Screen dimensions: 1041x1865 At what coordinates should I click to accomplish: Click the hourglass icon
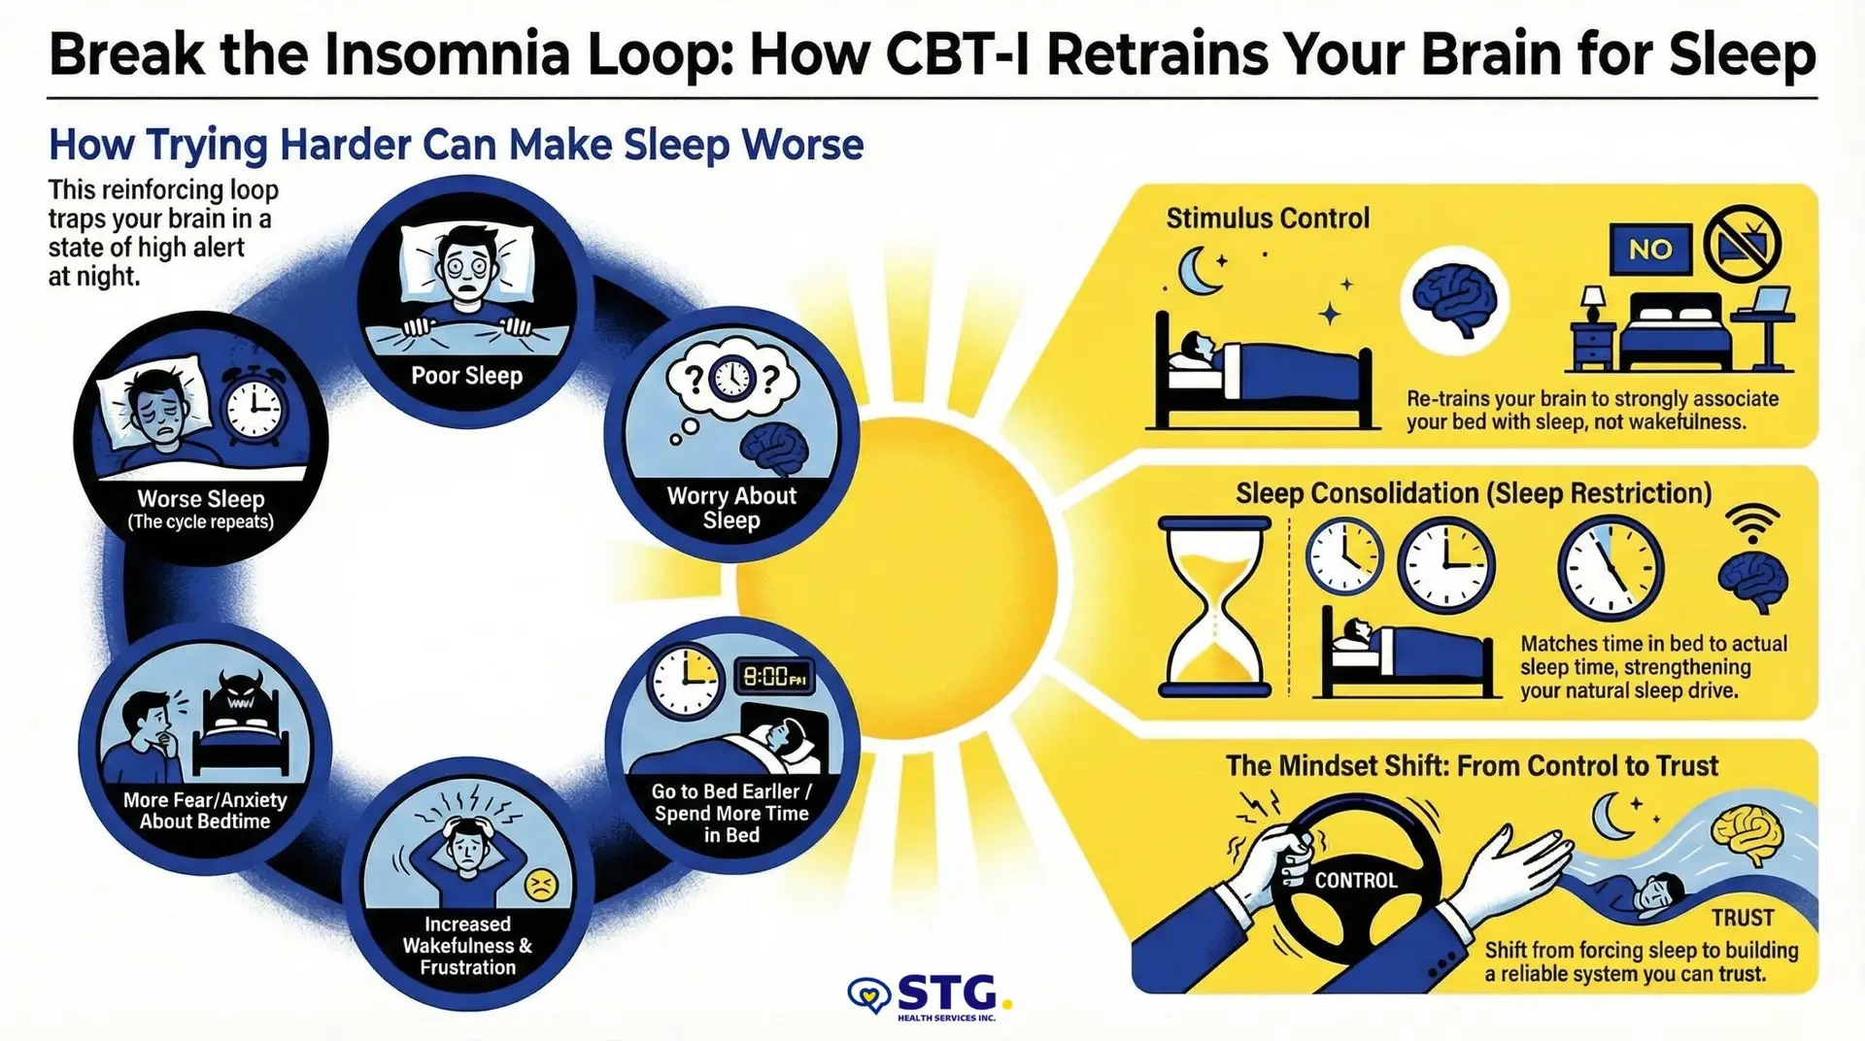pos(1215,607)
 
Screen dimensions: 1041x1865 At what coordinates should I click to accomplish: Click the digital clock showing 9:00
pos(773,677)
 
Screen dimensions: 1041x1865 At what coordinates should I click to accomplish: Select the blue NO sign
pos(1650,250)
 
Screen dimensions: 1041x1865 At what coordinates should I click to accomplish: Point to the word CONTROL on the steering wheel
pos(1355,881)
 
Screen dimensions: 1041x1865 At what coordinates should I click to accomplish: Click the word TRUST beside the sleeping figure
pos(1743,918)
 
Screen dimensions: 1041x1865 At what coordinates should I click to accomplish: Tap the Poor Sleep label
pos(466,376)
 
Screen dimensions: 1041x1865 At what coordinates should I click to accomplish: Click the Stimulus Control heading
pos(1268,218)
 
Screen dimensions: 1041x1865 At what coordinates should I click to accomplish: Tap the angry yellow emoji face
pos(540,885)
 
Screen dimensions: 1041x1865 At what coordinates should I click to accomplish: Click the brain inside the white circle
pos(1454,300)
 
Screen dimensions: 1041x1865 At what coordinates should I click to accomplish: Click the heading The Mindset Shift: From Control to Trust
pos(1472,765)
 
